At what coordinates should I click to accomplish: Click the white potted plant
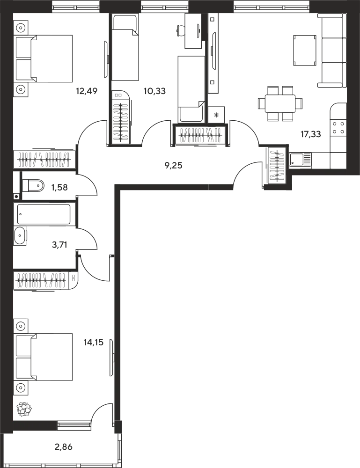[24, 409]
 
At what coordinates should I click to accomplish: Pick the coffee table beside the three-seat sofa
[305, 51]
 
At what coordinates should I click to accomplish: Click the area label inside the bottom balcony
[63, 448]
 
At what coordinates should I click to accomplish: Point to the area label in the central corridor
[174, 165]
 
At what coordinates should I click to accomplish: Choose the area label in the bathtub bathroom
[57, 243]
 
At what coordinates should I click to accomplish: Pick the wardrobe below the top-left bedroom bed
[44, 159]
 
